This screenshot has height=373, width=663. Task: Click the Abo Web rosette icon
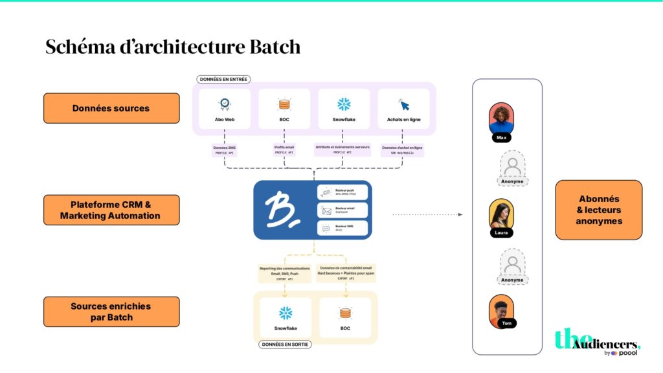click(x=224, y=104)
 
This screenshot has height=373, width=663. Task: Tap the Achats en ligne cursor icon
click(x=404, y=104)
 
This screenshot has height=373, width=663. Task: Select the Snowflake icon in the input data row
click(x=344, y=104)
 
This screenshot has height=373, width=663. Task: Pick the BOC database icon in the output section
click(x=345, y=313)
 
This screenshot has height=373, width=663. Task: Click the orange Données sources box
click(x=111, y=108)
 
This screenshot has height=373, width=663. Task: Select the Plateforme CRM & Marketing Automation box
click(x=111, y=210)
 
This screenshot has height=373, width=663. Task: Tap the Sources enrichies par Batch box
click(x=111, y=311)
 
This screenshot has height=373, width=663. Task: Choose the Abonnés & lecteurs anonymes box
click(x=598, y=210)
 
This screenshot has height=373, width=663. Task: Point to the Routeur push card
click(x=343, y=192)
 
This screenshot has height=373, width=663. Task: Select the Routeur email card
click(x=343, y=210)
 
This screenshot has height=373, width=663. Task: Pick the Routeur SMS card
click(x=343, y=228)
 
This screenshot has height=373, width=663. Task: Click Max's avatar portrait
click(x=501, y=118)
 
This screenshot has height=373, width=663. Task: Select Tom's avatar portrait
click(x=501, y=310)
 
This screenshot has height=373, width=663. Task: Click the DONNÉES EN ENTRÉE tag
click(x=223, y=79)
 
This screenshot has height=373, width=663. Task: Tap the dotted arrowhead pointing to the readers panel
click(x=460, y=214)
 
